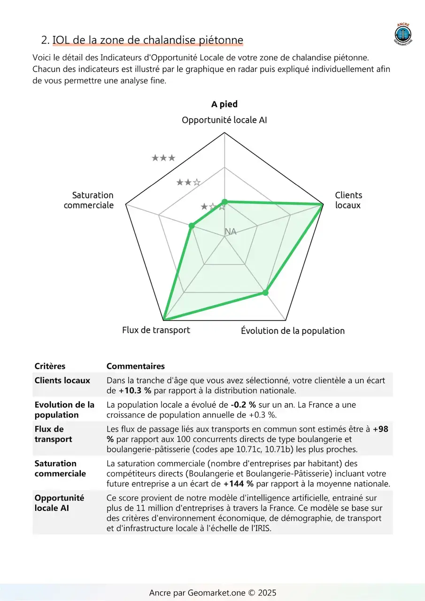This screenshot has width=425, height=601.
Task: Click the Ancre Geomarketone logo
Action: tap(402, 34)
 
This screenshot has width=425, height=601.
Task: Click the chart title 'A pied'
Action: tap(224, 104)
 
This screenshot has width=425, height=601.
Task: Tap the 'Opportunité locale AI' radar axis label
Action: tap(224, 120)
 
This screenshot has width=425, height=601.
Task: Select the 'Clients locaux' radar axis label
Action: tap(348, 200)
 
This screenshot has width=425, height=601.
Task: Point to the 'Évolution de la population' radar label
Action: tap(293, 331)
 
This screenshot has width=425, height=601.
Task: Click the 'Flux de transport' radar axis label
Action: tap(156, 330)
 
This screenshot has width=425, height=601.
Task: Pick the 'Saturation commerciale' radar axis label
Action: tap(89, 200)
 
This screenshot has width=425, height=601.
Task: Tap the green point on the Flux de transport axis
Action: tap(163, 319)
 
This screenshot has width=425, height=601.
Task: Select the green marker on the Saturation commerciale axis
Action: tap(192, 226)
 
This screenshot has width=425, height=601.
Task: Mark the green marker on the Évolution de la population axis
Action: tap(265, 293)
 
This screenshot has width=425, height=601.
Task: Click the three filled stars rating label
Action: tap(163, 158)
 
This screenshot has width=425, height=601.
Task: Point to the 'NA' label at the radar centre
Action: tap(231, 231)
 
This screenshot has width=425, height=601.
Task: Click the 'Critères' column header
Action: tap(50, 366)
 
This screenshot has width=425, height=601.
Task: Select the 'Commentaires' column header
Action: tap(135, 366)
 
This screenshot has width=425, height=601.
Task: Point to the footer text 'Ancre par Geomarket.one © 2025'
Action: tap(213, 593)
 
